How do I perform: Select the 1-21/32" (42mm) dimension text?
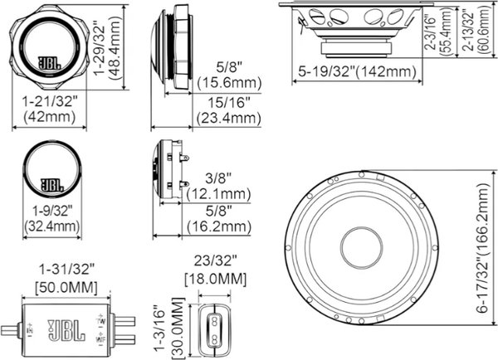pos(49,109)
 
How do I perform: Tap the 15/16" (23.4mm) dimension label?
pos(227,109)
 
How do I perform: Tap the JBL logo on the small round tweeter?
pos(51,183)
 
